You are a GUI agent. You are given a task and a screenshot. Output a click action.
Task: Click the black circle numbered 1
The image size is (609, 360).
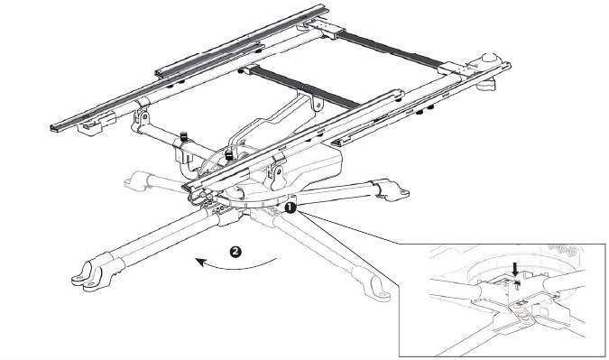[291, 208]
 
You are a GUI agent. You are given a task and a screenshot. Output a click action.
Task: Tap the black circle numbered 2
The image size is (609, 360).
[235, 252]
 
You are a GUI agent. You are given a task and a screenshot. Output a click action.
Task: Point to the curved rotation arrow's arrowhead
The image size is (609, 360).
[200, 263]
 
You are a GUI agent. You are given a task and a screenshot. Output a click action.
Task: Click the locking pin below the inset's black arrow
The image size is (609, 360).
[517, 284]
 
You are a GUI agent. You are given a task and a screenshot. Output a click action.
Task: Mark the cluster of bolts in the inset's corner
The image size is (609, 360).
[561, 250]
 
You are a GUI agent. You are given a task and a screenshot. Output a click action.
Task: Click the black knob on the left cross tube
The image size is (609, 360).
[184, 137]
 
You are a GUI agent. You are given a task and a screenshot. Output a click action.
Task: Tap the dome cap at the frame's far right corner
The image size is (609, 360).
[490, 59]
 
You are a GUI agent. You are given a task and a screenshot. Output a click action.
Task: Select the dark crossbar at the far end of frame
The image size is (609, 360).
[389, 51]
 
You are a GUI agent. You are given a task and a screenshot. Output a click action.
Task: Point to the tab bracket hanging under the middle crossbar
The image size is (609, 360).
[318, 103]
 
